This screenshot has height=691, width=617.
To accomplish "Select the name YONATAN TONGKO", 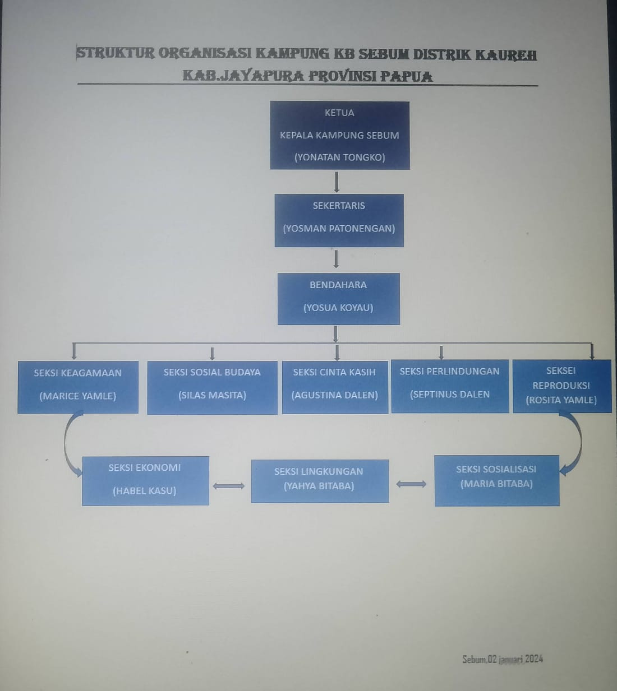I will pyautogui.click(x=339, y=157).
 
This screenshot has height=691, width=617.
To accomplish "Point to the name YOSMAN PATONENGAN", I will pyautogui.click(x=339, y=229).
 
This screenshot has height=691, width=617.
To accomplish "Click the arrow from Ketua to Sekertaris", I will pyautogui.click(x=337, y=182).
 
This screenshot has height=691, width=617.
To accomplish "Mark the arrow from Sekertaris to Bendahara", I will pyautogui.click(x=336, y=259).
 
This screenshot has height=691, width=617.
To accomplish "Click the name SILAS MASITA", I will pyautogui.click(x=212, y=395).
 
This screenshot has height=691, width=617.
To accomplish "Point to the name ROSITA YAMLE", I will pyautogui.click(x=561, y=400).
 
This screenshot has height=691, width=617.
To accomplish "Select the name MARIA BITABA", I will pyautogui.click(x=496, y=484).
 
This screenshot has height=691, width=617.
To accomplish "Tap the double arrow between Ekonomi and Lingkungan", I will pyautogui.click(x=229, y=486).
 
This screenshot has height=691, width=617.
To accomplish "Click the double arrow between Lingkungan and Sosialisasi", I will pyautogui.click(x=411, y=484).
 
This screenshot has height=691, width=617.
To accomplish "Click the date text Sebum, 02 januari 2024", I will pyautogui.click(x=503, y=659).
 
